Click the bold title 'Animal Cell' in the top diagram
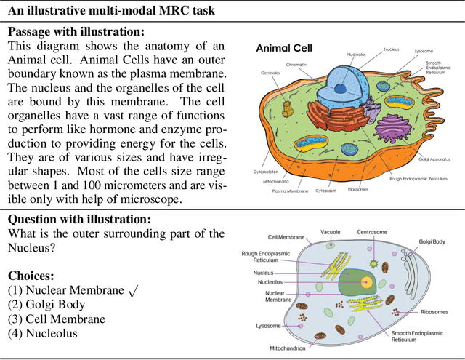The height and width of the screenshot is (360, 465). pyautogui.click(x=284, y=49)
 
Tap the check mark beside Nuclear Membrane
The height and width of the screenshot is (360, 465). pyautogui.click(x=132, y=291)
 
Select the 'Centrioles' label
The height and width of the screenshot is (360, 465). pyautogui.click(x=273, y=73)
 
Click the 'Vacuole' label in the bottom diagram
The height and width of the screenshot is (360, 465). pyautogui.click(x=331, y=232)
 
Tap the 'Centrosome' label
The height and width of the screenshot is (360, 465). pyautogui.click(x=371, y=232)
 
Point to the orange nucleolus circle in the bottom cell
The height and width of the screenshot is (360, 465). pyautogui.click(x=367, y=282)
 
